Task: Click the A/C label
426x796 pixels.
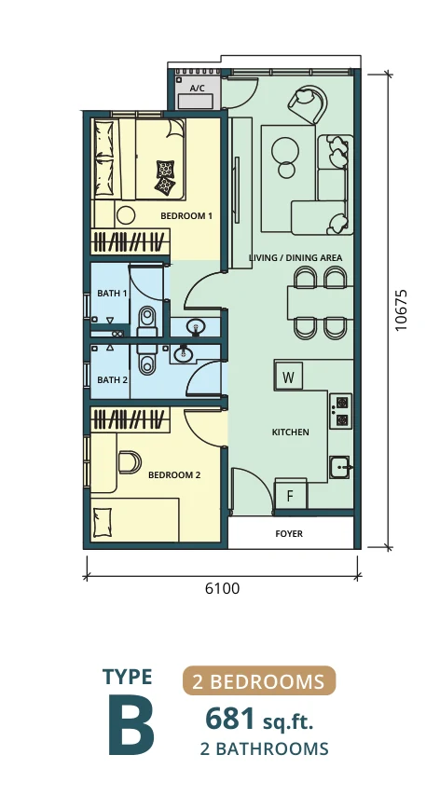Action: coord(197,89)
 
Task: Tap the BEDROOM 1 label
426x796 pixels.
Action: coord(186,215)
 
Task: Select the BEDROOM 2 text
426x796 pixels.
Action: coord(174,475)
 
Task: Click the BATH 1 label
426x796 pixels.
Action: coord(112,294)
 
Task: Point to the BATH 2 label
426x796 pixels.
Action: coord(112,379)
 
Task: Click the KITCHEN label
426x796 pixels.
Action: coord(291,432)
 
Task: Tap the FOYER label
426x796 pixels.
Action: coord(289,534)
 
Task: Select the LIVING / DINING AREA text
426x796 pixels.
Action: coord(295,258)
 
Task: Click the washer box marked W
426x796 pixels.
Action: coord(288,377)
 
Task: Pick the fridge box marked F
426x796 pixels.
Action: coord(291,495)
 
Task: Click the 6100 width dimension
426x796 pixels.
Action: coord(223,588)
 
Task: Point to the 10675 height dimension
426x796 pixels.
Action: coord(402,310)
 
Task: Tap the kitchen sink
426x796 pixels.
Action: coord(340,467)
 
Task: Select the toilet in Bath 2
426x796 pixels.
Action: coord(146,360)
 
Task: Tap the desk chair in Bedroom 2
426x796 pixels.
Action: coord(130,462)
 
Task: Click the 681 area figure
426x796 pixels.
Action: coord(229,720)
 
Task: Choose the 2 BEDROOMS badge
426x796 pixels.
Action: coord(259,680)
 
